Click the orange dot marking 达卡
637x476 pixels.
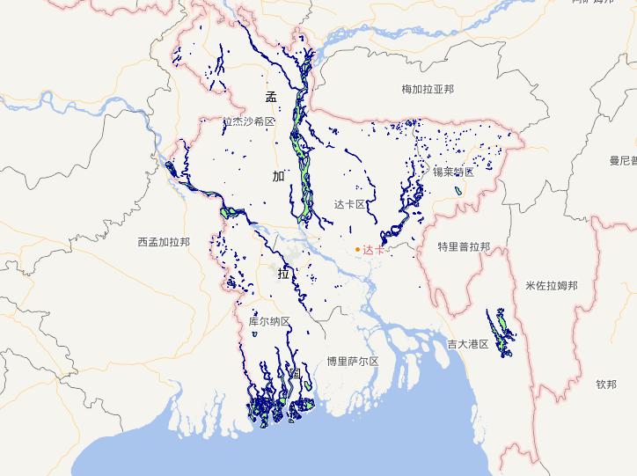point(357,250)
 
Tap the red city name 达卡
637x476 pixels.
point(374,250)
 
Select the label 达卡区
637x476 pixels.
point(349,204)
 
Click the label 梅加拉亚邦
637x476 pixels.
point(427,89)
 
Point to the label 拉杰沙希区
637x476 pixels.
point(249,122)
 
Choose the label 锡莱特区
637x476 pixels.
point(453,172)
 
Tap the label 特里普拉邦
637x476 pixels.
point(464,247)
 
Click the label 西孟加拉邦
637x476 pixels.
point(164,241)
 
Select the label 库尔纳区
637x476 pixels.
point(269,322)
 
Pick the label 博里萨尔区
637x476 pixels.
point(352,361)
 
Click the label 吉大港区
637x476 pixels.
point(467,344)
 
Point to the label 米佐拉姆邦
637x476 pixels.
point(551,286)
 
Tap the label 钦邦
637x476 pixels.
point(606,384)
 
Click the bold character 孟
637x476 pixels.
point(271,98)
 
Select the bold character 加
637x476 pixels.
point(279,176)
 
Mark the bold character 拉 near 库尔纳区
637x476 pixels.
point(283,274)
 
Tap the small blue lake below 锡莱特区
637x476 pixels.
point(458,190)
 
